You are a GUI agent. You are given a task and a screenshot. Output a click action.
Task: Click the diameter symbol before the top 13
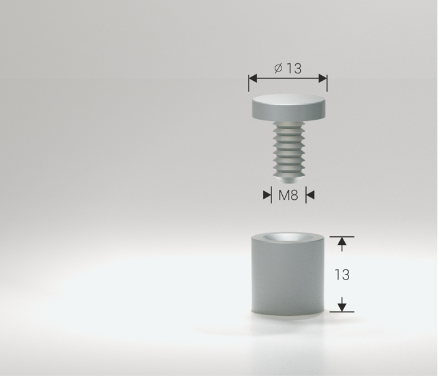coord(278,68)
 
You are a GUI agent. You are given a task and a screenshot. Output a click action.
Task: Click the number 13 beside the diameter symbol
coord(294,68)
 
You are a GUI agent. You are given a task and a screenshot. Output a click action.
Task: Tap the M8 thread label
coord(288,195)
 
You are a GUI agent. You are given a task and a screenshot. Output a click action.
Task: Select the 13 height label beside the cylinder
coord(342,274)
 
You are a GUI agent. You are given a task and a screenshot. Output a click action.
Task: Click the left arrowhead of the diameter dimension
coord(253,78)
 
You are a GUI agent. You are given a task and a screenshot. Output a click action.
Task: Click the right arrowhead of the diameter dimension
coord(323,78)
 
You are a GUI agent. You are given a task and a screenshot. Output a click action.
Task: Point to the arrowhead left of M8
coord(267,195)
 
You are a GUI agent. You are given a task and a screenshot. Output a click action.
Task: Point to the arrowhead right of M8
coord(310,195)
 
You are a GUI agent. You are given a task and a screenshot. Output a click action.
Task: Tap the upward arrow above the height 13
coord(342,244)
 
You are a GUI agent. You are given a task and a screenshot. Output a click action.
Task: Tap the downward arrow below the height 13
coord(342,305)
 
